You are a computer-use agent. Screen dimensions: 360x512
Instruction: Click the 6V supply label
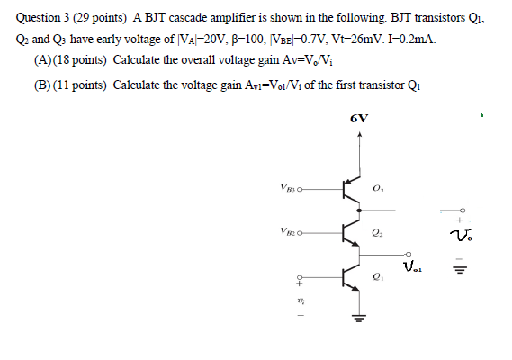coord(359,119)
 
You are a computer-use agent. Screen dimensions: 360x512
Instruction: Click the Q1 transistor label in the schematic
coord(378,278)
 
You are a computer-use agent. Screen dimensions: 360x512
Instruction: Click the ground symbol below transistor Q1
coord(360,318)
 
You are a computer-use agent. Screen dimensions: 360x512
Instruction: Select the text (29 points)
coord(97,15)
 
